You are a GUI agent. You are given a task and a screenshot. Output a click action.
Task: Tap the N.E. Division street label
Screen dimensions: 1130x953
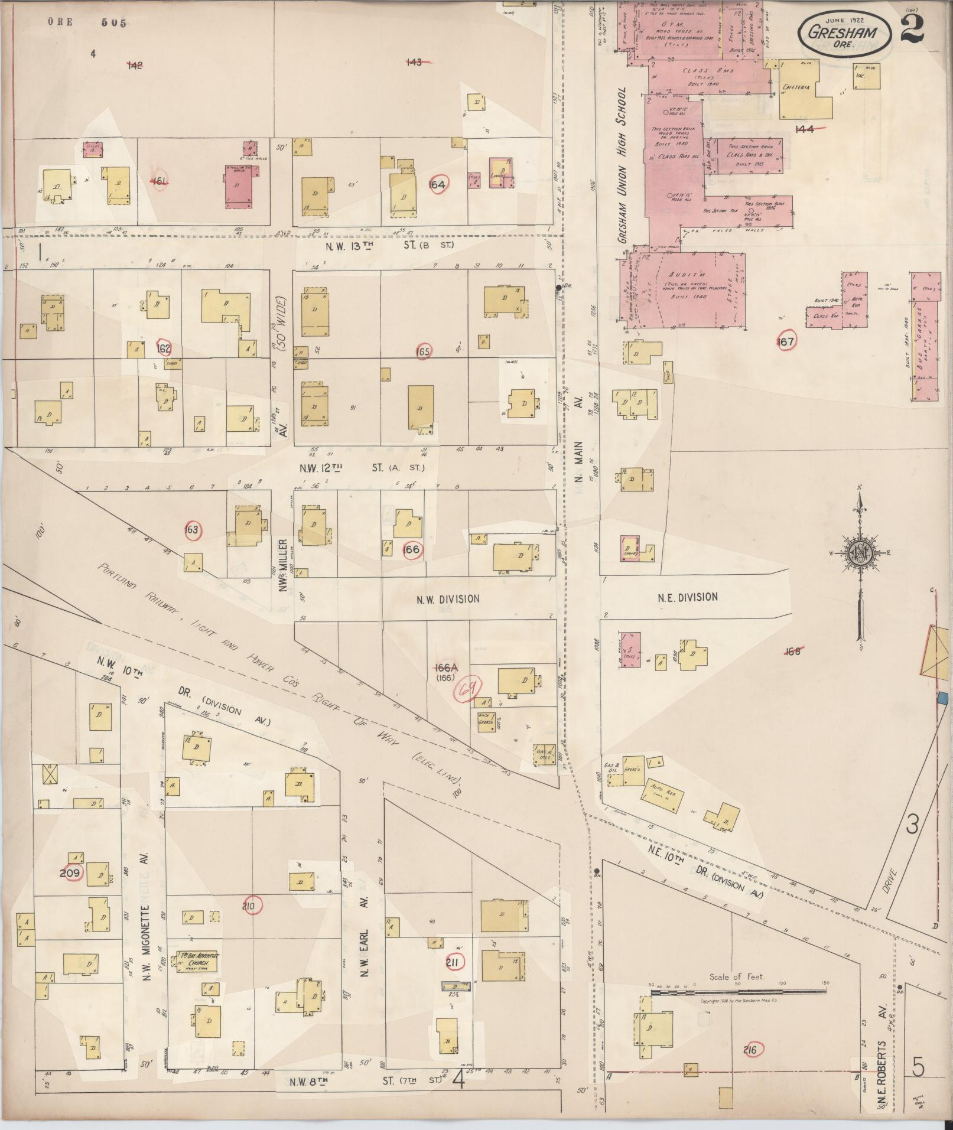click(688, 597)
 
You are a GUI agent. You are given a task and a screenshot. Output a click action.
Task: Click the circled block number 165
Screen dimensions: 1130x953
click(424, 351)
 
